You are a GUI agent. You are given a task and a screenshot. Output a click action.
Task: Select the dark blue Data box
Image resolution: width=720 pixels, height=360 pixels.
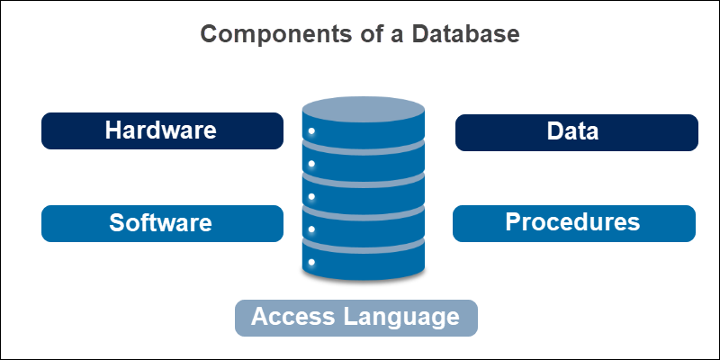pyautogui.click(x=576, y=132)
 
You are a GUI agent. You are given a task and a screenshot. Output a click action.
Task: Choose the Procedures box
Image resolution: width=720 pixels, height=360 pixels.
pyautogui.click(x=573, y=223)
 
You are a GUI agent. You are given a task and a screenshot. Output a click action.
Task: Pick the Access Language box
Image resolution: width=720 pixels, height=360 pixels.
pyautogui.click(x=355, y=318)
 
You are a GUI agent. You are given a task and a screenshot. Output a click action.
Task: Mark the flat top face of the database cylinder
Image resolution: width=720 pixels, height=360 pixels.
pyautogui.click(x=363, y=111)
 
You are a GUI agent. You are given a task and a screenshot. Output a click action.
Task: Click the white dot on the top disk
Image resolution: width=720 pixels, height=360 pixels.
pyautogui.click(x=311, y=132)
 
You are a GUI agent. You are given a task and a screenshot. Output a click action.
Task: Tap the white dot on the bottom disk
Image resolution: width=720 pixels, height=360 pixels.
pyautogui.click(x=311, y=262)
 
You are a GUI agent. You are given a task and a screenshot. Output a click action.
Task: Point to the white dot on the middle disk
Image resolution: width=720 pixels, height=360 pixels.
pyautogui.click(x=311, y=197)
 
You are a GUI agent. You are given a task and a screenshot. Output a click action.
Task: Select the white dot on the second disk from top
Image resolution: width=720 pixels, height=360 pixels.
pyautogui.click(x=311, y=165)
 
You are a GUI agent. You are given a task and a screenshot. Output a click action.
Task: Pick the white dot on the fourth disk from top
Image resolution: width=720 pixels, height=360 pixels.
pyautogui.click(x=311, y=229)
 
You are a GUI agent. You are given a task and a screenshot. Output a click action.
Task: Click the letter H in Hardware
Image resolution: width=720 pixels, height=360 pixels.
pyautogui.click(x=113, y=130)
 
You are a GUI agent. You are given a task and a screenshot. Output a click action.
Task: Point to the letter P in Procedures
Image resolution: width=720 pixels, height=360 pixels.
pyautogui.click(x=513, y=222)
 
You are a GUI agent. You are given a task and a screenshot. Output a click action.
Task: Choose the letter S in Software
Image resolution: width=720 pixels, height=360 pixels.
pyautogui.click(x=117, y=223)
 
